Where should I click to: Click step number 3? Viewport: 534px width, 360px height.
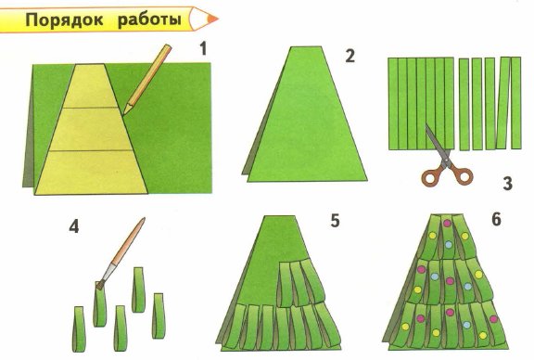pyautogui.click(x=507, y=184)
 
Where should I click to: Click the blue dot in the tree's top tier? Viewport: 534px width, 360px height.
pyautogui.click(x=450, y=245)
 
